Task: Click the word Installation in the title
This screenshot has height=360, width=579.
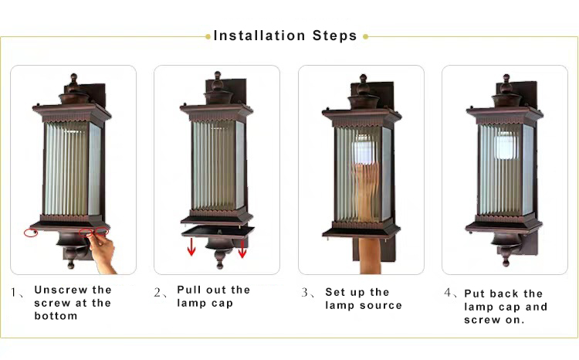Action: (x=259, y=36)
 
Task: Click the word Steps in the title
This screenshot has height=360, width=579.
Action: (x=334, y=36)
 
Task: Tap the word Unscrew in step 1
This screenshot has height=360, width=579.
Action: (x=61, y=290)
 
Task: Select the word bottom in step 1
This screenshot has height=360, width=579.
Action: (x=56, y=316)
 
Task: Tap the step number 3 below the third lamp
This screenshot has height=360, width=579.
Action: (x=305, y=292)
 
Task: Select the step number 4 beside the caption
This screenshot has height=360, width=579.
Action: (x=448, y=293)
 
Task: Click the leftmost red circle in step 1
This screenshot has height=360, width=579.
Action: (x=31, y=233)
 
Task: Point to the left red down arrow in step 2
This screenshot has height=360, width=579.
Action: (x=191, y=246)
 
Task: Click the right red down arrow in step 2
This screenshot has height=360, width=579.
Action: (x=242, y=248)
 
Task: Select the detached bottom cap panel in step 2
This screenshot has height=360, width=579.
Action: (x=218, y=233)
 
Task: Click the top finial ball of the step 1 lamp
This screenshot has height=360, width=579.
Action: (x=74, y=78)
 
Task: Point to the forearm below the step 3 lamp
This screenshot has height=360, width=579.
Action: (x=371, y=256)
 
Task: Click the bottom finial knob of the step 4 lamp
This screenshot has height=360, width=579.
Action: (x=506, y=263)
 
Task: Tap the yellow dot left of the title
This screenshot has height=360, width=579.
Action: (x=208, y=36)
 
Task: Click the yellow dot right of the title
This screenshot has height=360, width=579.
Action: (x=366, y=36)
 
